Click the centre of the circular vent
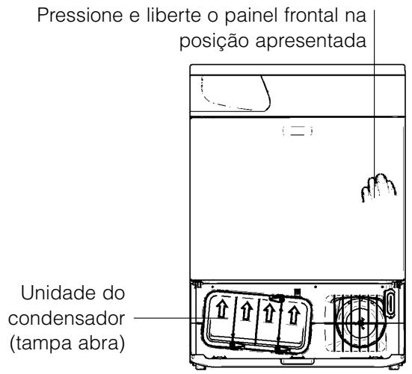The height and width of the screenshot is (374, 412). [360, 322]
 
